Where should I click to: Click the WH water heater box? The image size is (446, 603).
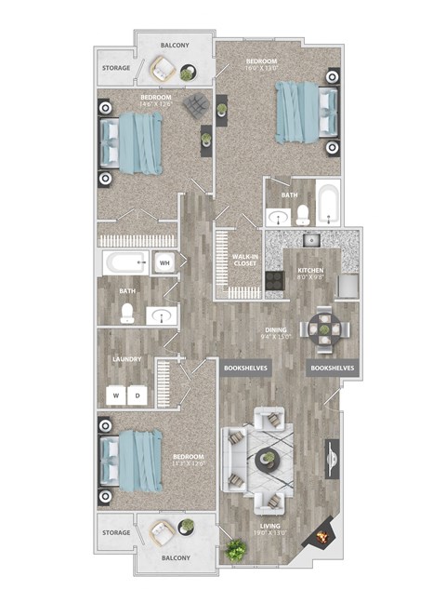[164, 263]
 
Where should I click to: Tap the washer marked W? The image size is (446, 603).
[117, 395]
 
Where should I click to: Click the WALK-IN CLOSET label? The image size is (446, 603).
[245, 261]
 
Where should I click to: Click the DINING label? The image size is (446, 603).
[275, 331]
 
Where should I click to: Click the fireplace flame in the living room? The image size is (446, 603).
[322, 537]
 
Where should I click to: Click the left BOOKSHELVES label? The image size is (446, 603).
[245, 368]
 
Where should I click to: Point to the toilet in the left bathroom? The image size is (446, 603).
[127, 315]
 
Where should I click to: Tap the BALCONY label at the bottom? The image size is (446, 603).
[176, 558]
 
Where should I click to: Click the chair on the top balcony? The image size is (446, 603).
[164, 68]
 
